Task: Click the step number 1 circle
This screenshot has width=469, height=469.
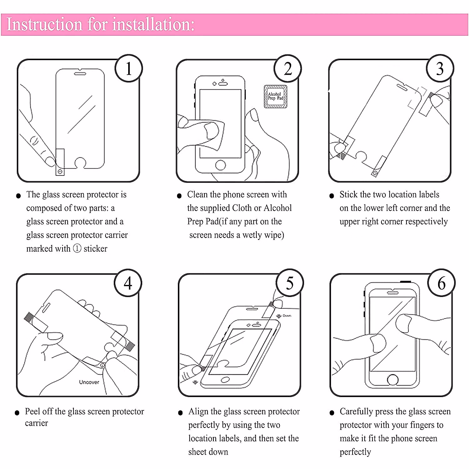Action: coord(129,69)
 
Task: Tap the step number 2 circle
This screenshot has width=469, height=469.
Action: coord(288,69)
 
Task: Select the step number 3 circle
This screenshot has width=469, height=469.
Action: coord(440,69)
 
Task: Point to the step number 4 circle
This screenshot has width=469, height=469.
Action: coord(128,283)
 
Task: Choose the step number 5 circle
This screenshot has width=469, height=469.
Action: coord(290,283)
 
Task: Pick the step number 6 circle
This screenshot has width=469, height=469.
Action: coord(441,283)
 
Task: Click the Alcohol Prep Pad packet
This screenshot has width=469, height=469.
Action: coord(276,97)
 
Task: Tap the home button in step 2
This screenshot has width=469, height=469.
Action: coord(220,165)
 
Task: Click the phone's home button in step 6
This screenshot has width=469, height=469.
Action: coord(392,379)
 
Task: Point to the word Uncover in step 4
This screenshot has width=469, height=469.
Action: coord(89,382)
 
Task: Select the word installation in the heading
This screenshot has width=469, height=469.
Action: coord(153,24)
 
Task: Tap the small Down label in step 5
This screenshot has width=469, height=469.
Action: coord(287,315)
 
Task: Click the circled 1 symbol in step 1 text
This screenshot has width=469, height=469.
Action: coord(77,249)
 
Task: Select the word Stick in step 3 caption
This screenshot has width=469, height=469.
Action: coord(349,195)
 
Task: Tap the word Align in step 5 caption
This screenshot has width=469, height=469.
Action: coord(198,412)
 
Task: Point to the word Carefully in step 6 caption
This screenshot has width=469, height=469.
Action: coord(356,412)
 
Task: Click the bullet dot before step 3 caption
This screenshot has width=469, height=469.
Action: coord(332,196)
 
